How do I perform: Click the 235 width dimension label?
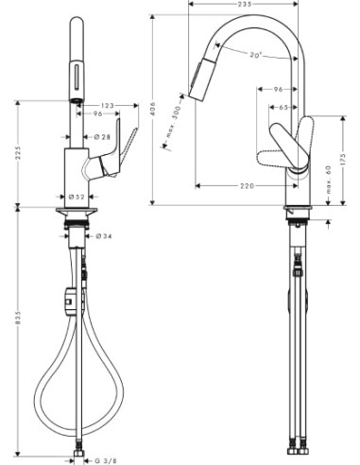point(244,5)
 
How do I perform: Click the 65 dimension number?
point(282,108)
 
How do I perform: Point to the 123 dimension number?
point(108,105)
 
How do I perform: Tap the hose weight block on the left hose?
point(68,301)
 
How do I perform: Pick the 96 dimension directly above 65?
point(278,89)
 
